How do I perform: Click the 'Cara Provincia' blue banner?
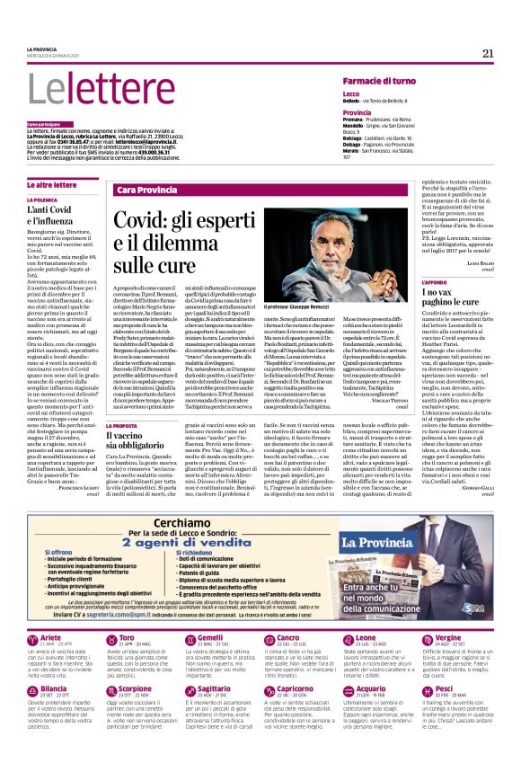point(146,191)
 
